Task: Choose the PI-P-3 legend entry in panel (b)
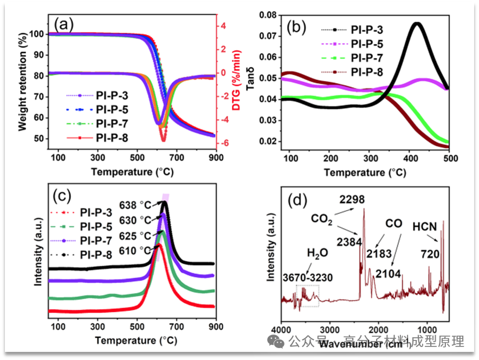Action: point(368,30)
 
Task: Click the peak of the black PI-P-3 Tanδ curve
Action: point(417,23)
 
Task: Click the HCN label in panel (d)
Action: point(424,226)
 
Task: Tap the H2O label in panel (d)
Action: point(318,252)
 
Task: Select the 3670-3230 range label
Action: point(308,278)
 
